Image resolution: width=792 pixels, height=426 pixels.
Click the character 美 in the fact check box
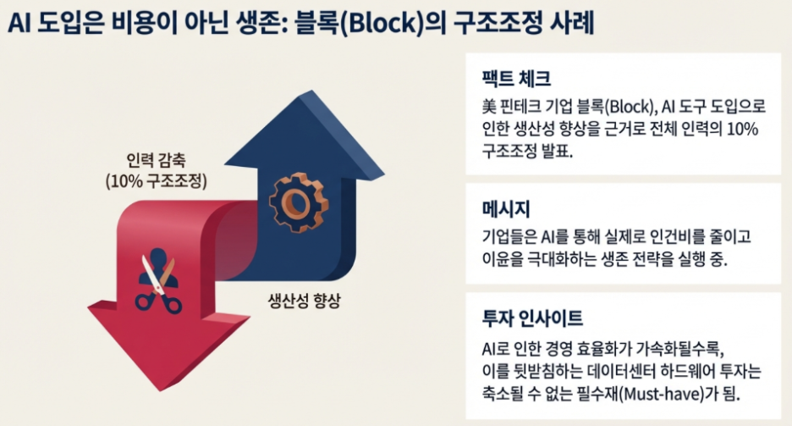pos(486,108)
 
